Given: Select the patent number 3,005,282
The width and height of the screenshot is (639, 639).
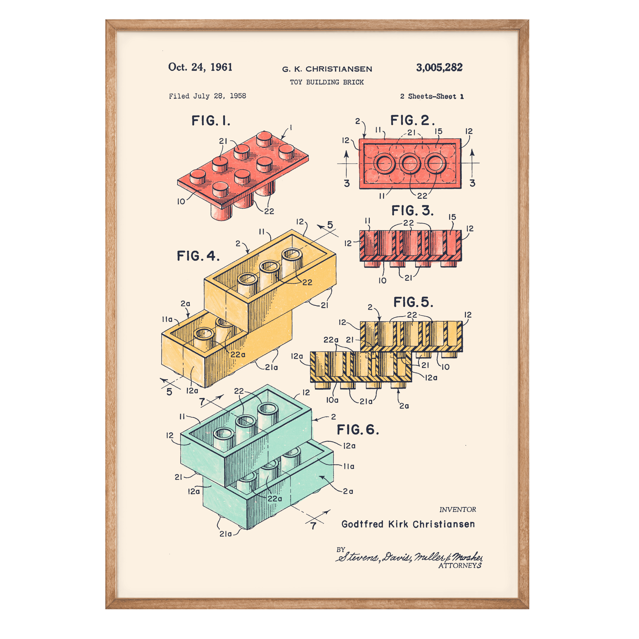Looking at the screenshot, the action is point(439,68).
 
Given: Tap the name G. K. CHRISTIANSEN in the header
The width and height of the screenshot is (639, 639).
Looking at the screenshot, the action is point(327,69).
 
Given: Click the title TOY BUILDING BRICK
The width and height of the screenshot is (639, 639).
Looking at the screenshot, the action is point(327,82).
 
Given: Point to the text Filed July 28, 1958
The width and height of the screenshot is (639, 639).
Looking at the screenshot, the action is point(207,96).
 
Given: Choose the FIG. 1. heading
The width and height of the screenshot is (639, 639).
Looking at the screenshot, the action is point(211,121).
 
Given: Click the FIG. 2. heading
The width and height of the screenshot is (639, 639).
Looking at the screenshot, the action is point(412,120).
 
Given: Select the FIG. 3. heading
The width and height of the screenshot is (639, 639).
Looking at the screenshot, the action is point(412,210).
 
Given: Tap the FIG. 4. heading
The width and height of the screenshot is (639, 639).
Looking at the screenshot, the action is point(198,256).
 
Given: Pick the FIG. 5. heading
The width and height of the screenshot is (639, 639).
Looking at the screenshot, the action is point(413,302).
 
